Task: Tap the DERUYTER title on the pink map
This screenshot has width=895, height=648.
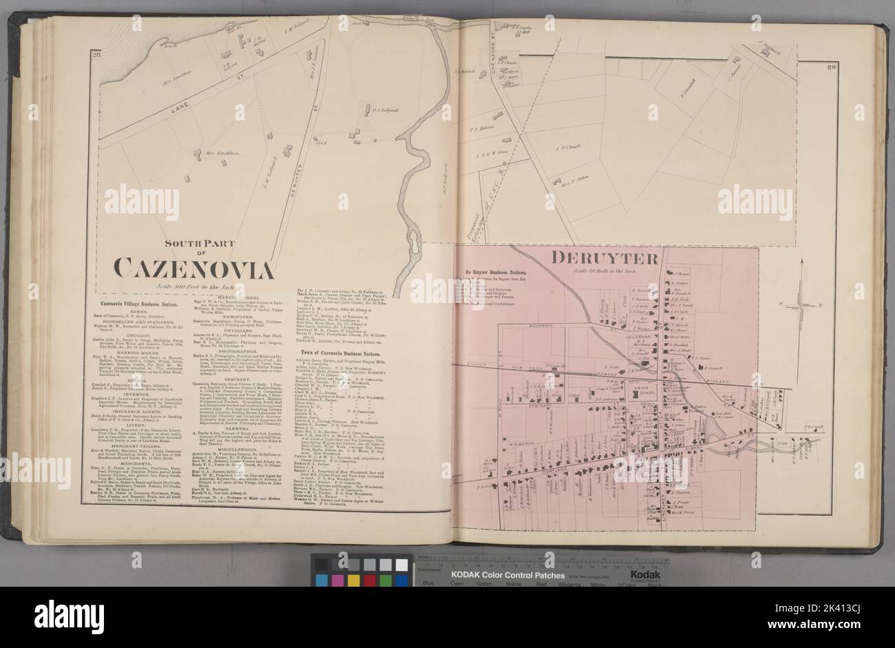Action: (606, 258)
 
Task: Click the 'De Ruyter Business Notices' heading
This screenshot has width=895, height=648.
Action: (498, 271)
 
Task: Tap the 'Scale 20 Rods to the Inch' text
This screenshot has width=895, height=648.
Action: (608, 271)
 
